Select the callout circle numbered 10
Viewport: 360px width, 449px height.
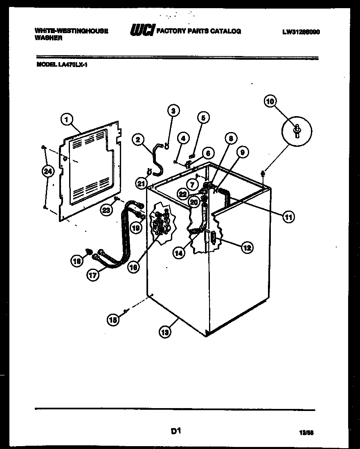pos(270,101)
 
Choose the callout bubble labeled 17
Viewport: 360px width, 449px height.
pos(93,275)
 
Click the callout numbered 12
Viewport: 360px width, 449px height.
pos(247,247)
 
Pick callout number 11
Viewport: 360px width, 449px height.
pos(289,217)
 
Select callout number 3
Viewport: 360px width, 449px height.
pos(173,110)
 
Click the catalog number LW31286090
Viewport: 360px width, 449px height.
pos(300,31)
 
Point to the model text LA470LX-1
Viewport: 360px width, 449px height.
pos(62,64)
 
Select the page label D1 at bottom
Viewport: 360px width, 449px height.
pos(175,431)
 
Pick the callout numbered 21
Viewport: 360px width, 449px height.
pos(141,184)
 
